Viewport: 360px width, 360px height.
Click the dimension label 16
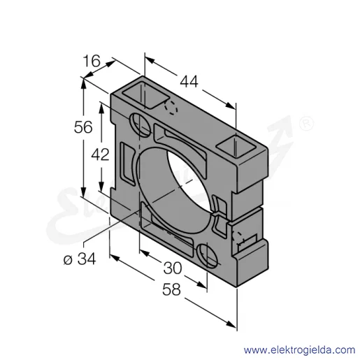[x=92, y=61]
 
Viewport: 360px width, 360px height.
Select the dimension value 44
[x=189, y=82]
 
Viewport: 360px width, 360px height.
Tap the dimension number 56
[x=83, y=127]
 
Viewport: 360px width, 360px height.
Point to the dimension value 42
[x=100, y=154]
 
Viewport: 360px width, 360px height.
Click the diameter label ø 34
[x=80, y=259]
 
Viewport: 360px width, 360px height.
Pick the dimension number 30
[x=173, y=268]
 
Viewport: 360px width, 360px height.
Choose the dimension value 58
[x=171, y=289]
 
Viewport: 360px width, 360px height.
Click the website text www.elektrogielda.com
[x=299, y=350]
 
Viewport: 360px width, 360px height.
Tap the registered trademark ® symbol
[x=306, y=123]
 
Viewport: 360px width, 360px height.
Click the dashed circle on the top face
[x=171, y=108]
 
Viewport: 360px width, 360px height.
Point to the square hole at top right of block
[x=236, y=147]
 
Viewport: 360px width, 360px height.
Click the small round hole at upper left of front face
[x=140, y=124]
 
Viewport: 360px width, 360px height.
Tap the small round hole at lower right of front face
[x=207, y=256]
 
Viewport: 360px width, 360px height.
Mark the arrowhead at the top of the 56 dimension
[x=83, y=82]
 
